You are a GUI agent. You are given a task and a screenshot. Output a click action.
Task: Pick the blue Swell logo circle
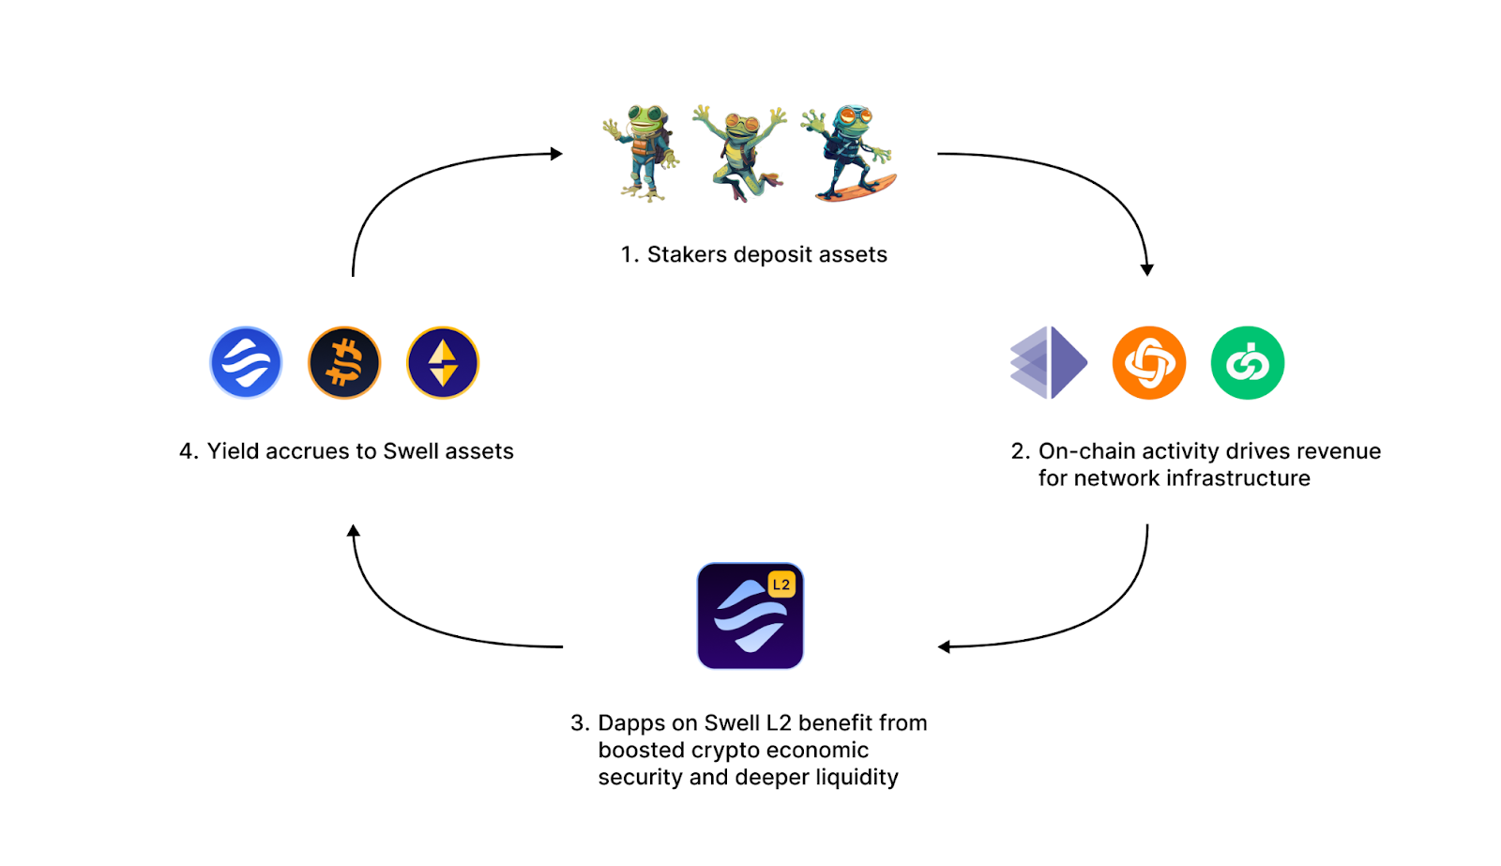click(246, 363)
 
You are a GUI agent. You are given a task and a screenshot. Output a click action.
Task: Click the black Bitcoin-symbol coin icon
click(344, 363)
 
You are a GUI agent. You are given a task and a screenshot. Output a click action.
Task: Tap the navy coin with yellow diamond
click(443, 363)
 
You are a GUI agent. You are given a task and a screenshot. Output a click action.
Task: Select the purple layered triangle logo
click(1049, 363)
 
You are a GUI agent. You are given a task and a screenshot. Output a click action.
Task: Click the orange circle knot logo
click(1149, 363)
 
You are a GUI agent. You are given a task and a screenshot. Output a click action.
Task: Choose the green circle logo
click(1248, 363)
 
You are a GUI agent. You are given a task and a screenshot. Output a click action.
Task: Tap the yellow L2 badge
click(781, 585)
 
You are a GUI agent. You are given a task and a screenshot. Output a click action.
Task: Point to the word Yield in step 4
click(233, 451)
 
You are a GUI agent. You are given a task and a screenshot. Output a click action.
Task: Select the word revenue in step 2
click(1335, 451)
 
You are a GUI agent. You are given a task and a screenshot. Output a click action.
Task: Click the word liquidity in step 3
click(857, 778)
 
